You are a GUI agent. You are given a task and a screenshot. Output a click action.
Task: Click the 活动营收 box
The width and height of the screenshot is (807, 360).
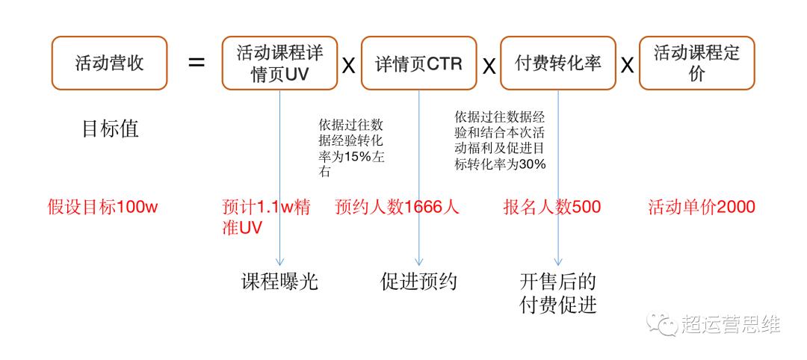pyautogui.click(x=109, y=63)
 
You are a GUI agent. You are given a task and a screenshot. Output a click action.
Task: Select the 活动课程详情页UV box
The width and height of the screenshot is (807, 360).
pyautogui.click(x=279, y=63)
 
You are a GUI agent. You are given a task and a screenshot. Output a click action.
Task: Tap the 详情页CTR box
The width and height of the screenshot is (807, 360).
pyautogui.click(x=419, y=63)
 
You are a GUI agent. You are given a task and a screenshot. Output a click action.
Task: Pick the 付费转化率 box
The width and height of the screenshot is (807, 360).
pyautogui.click(x=558, y=63)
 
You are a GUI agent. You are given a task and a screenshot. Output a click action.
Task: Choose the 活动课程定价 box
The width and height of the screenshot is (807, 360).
pyautogui.click(x=697, y=63)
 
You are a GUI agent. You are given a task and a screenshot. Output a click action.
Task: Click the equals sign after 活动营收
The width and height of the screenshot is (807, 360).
pyautogui.click(x=196, y=63)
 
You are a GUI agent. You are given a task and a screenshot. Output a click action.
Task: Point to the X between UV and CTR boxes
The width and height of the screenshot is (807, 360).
pyautogui.click(x=349, y=66)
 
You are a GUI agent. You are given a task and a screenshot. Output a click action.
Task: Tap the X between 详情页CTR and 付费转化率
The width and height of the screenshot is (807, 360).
pyautogui.click(x=489, y=66)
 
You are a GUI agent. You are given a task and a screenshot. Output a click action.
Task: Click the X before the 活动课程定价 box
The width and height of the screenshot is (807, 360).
pyautogui.click(x=628, y=66)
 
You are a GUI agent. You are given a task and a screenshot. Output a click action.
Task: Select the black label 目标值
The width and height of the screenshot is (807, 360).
pyautogui.click(x=110, y=128)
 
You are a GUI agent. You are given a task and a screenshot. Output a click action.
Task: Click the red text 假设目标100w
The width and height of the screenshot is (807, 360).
pyautogui.click(x=102, y=207)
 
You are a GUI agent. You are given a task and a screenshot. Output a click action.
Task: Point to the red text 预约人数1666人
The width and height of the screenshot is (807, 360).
pyautogui.click(x=396, y=207)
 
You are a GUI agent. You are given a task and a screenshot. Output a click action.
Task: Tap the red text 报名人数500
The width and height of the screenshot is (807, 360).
pyautogui.click(x=551, y=207)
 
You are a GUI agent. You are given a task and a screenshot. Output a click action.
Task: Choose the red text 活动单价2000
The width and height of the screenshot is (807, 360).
pyautogui.click(x=702, y=207)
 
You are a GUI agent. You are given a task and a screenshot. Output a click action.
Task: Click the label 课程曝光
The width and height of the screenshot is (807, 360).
pyautogui.click(x=280, y=282)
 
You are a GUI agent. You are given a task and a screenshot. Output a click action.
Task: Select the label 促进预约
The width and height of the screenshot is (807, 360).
pyautogui.click(x=419, y=282)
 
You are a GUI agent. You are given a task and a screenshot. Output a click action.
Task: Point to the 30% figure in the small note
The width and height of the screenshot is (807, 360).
pyautogui.click(x=534, y=165)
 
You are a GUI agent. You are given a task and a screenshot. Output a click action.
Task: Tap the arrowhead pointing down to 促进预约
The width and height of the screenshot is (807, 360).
pyautogui.click(x=419, y=261)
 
